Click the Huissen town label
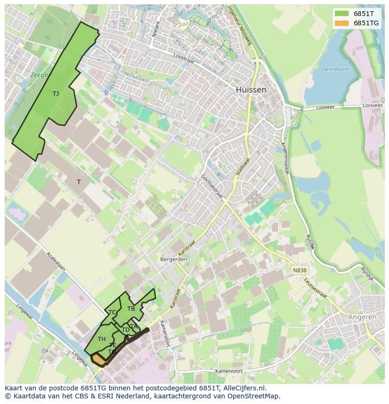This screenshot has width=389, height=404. [251, 90]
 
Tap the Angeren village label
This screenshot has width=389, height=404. [362, 317]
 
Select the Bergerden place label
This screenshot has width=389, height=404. [174, 259]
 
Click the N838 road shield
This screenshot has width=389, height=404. [299, 270]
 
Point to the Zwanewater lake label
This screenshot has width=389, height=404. [336, 69]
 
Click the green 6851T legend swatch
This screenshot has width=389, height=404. [342, 14]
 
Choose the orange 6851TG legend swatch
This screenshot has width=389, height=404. [342, 23]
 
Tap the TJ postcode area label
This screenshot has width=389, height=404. [55, 93]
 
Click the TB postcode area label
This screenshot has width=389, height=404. [131, 308]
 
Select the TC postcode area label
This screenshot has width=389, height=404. [112, 312]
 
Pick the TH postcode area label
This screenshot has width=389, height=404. [101, 339]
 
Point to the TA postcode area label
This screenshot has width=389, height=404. [133, 326]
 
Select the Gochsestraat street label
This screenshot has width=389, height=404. [211, 186]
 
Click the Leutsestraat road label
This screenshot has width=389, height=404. [315, 287]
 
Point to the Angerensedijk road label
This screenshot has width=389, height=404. [285, 158]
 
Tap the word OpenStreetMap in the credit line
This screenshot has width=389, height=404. [254, 396]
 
